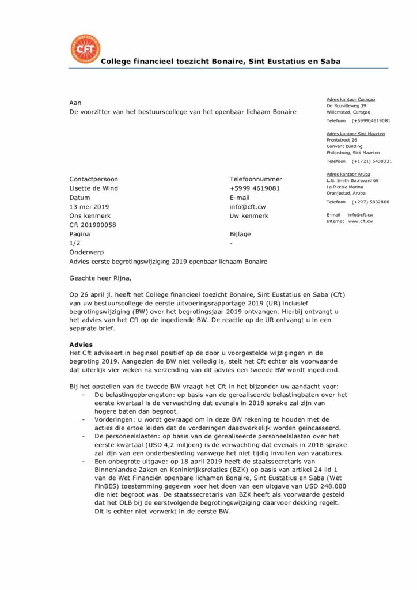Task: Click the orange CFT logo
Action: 85,50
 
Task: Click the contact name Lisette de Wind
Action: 93,188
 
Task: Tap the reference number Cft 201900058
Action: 92,225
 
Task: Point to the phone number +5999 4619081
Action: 255,188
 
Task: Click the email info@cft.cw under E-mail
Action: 247,207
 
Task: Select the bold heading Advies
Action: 81,345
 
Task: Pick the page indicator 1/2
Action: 75,244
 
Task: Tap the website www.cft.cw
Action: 361,221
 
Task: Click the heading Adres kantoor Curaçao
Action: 351,100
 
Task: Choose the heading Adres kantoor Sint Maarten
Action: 355,134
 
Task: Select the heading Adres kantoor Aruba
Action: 348,174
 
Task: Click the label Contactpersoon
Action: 93,179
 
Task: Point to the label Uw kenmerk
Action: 249,216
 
